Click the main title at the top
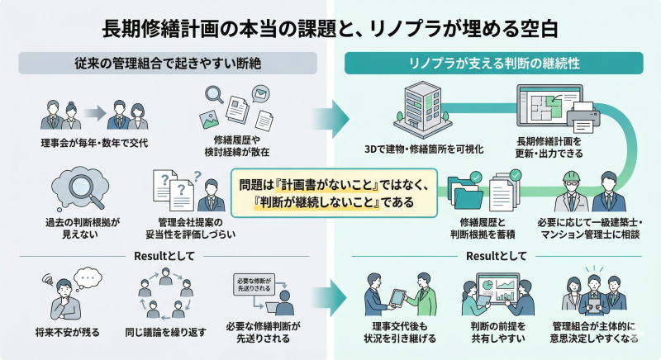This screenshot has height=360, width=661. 330,26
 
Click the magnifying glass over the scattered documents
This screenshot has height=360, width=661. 213,97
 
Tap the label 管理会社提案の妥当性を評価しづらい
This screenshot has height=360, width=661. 195,227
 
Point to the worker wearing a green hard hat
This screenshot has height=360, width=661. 573,188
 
